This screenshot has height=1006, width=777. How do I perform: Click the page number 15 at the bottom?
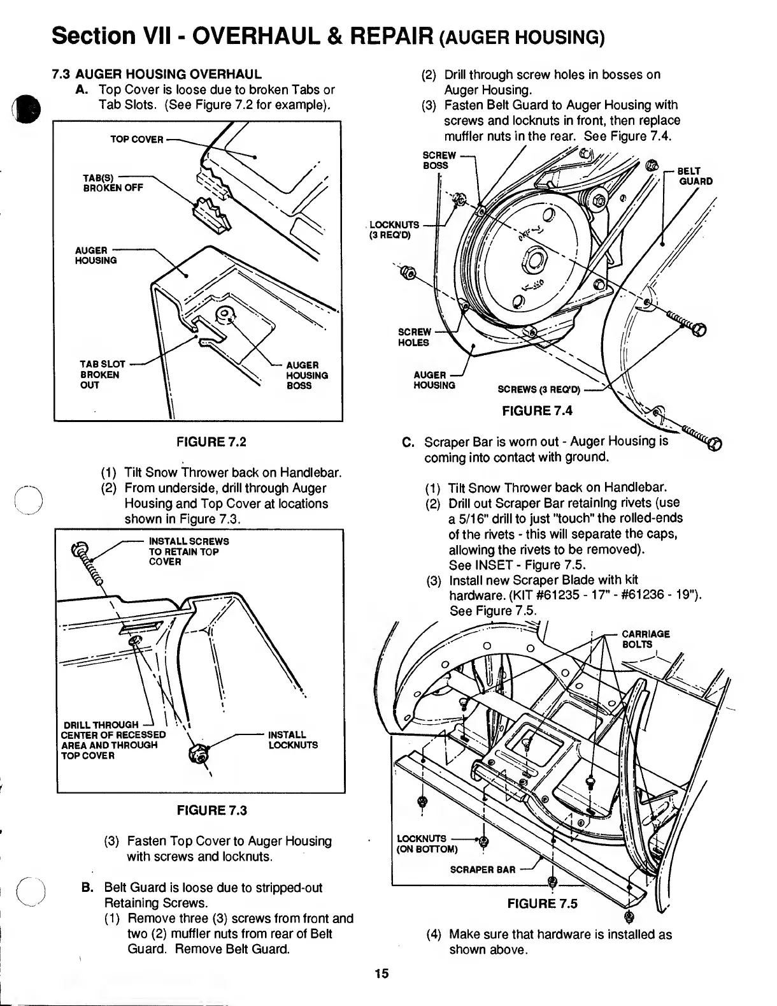pos(381,974)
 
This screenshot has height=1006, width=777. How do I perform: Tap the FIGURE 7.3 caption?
pos(211,810)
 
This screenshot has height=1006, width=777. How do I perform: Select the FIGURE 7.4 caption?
pos(537,411)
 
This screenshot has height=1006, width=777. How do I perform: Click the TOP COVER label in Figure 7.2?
pos(137,139)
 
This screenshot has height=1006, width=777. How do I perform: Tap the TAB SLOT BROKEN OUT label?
pos(100,375)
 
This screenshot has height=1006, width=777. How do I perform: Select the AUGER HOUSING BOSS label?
pos(307,375)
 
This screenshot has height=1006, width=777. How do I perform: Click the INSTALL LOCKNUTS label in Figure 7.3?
pos(293,740)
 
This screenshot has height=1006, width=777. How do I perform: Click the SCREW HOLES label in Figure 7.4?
pos(414,337)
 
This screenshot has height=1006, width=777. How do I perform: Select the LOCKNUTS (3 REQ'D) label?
pos(395,230)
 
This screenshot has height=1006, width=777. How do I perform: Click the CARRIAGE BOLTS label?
pos(645,639)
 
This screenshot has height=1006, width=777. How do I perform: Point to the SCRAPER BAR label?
pos(482,870)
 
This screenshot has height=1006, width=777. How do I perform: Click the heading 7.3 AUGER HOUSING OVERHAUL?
pos(157,74)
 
